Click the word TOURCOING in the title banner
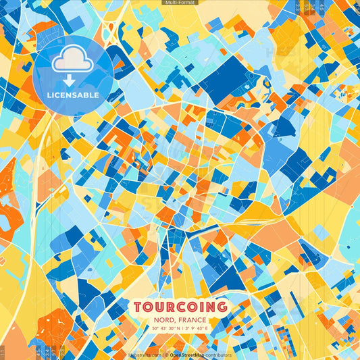pos(180,307)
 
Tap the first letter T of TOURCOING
pos(138,307)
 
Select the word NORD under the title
pos(161,319)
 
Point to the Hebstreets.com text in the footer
pos(145,355)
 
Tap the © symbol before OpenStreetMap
pos(166,355)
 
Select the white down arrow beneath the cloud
pos(72,79)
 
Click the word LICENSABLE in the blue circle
pos(73,95)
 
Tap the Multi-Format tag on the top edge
pos(180,3)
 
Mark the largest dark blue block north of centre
pos(225,78)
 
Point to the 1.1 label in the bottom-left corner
pos(3,351)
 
